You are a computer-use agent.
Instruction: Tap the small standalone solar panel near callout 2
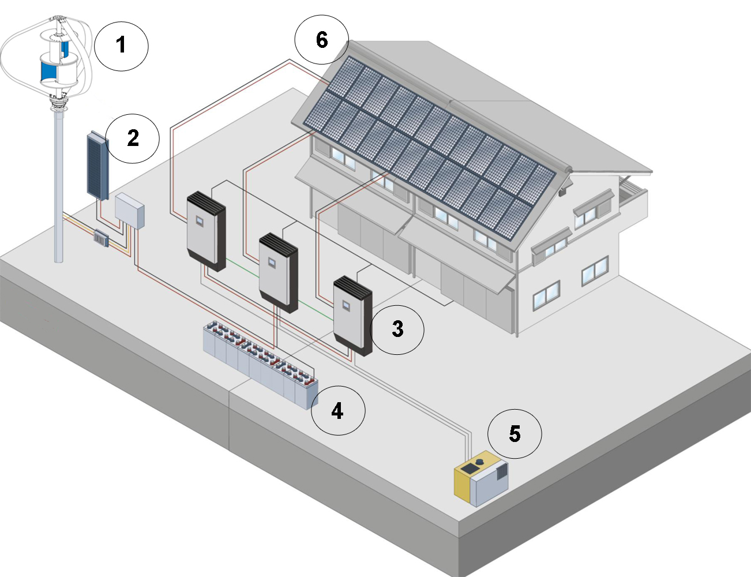click(x=98, y=166)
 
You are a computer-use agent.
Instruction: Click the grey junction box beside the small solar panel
click(x=130, y=211)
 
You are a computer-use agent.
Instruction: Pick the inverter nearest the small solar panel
click(x=206, y=231)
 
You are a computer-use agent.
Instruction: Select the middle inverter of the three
click(x=279, y=273)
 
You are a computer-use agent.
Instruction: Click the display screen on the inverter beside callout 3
click(x=346, y=305)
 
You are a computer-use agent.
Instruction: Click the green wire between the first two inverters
click(x=242, y=268)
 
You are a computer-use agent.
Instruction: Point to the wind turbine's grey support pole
click(x=59, y=183)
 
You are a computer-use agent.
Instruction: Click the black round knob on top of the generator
click(x=479, y=462)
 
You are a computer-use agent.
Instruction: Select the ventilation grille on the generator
click(x=502, y=471)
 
